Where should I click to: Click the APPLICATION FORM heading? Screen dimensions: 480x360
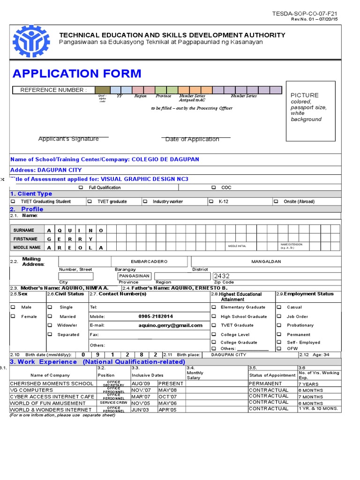click(77, 74)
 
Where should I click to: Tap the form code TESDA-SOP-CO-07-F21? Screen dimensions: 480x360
click(305, 14)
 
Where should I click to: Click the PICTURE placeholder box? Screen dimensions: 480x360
click(310, 111)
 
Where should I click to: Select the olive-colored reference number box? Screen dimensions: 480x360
click(103, 90)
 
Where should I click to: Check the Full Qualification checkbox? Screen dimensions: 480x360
click(81, 187)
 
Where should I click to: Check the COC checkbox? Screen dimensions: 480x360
click(213, 187)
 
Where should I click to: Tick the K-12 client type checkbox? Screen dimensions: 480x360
click(211, 202)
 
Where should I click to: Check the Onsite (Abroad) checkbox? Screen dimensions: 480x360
click(276, 202)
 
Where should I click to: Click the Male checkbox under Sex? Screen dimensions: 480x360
click(13, 307)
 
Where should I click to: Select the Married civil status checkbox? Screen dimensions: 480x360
click(50, 316)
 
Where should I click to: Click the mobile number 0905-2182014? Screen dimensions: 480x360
click(155, 316)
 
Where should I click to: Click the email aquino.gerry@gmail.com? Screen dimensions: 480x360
click(171, 325)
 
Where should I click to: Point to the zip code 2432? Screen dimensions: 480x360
click(222, 276)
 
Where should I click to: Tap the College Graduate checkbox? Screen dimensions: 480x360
click(214, 342)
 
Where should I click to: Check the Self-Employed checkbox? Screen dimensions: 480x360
click(279, 342)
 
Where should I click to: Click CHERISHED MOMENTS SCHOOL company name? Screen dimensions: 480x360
click(52, 383)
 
